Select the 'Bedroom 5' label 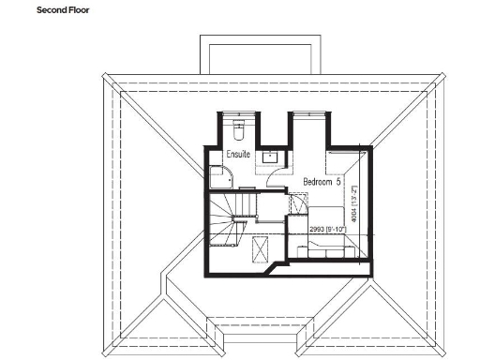[322, 178]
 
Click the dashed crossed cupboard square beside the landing [298, 201]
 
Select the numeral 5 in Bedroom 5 [339, 178]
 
